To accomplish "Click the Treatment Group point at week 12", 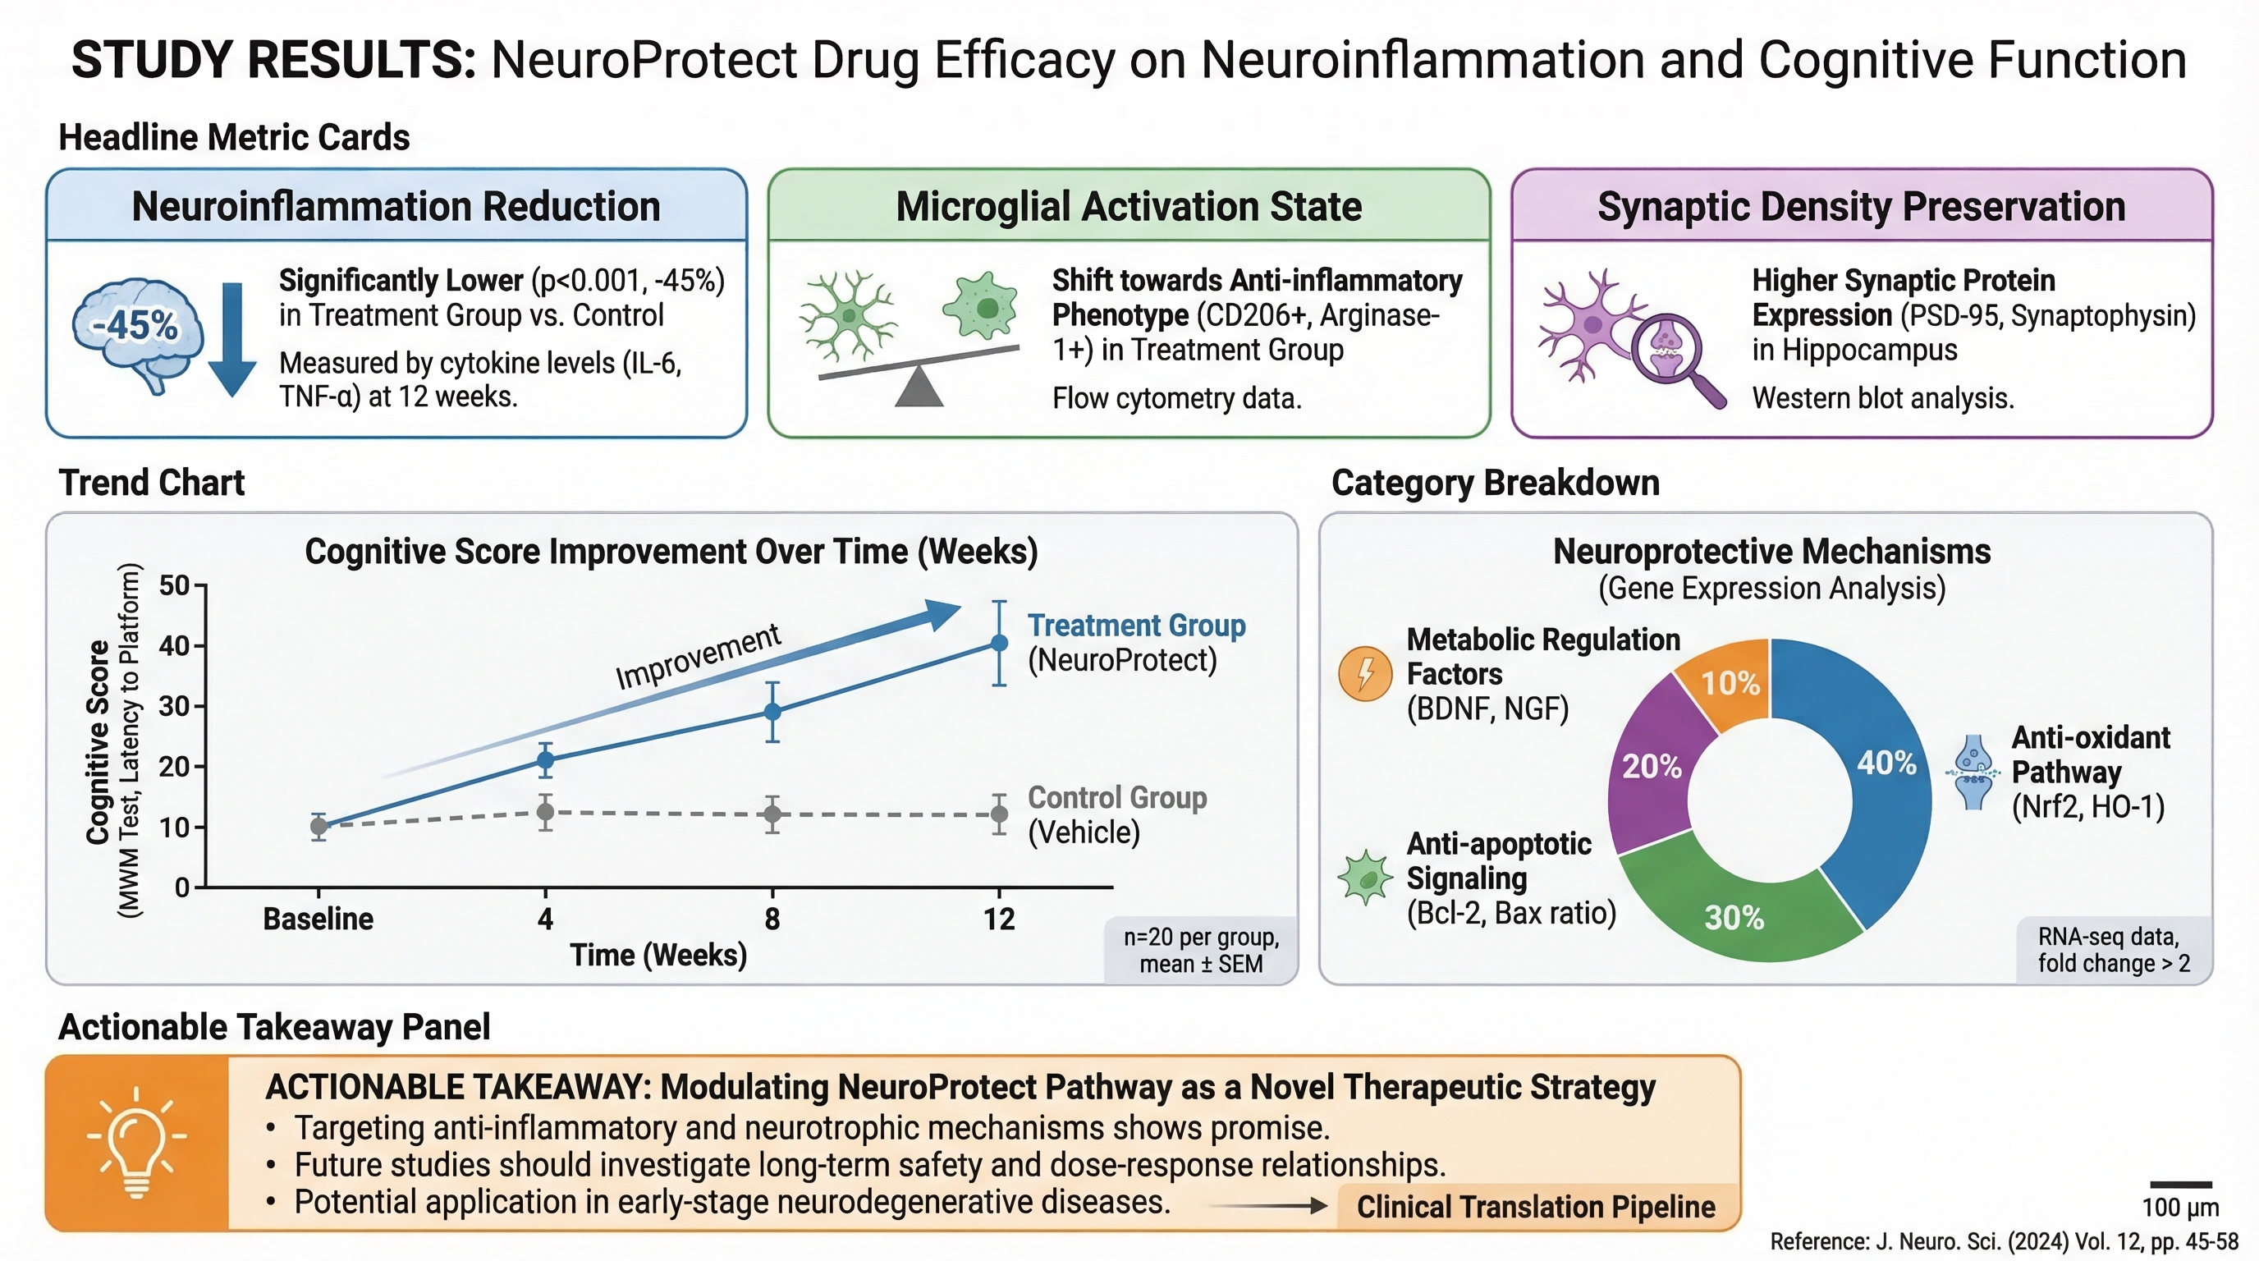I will pos(999,643).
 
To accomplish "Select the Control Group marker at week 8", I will pos(772,814).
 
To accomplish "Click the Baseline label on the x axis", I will pos(318,919).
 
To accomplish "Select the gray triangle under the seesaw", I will pos(919,388).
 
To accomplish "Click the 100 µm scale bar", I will pos(2180,1185).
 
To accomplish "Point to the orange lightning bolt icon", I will pos(1364,673).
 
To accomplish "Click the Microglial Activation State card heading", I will pos(1128,207).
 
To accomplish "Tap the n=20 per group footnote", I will pos(1201,950).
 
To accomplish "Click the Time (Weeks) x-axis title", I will pos(658,954).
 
